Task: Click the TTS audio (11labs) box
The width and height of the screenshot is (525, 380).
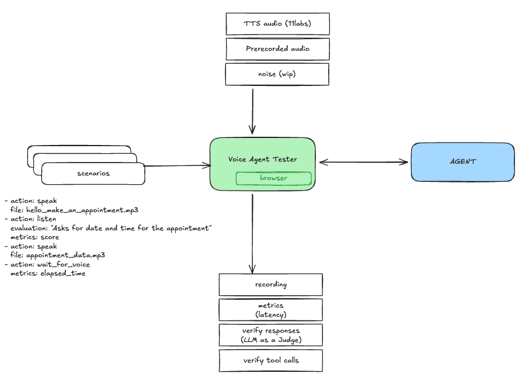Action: coord(277,24)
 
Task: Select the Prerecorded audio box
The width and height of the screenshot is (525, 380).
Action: coord(277,49)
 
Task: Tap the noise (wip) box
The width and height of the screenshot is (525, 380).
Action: coord(277,74)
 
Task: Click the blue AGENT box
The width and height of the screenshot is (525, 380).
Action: coord(463,161)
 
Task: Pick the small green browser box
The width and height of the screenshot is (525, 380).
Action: coord(273,178)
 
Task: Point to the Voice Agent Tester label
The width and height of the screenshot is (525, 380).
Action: coord(262,160)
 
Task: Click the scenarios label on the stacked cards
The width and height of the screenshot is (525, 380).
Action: coord(93,174)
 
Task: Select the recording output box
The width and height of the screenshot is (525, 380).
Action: coord(270,285)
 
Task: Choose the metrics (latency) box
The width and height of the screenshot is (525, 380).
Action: coord(270,310)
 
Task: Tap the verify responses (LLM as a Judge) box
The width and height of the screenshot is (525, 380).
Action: coord(270,335)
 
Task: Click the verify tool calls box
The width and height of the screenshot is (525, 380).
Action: coord(270,360)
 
